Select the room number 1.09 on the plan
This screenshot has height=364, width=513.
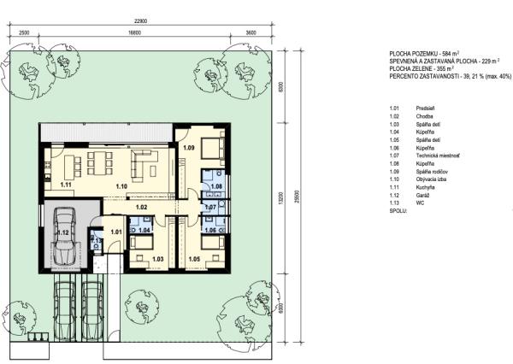pyautogui.click(x=189, y=149)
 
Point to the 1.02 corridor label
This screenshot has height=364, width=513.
pyautogui.click(x=142, y=207)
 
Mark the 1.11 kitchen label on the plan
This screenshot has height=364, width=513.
pyautogui.click(x=64, y=184)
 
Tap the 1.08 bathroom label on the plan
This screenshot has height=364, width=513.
pyautogui.click(x=216, y=185)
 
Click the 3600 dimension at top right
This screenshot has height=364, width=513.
pyautogui.click(x=251, y=32)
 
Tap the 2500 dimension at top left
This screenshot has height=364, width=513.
pyautogui.click(x=23, y=32)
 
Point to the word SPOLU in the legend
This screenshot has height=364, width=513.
pyautogui.click(x=398, y=209)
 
